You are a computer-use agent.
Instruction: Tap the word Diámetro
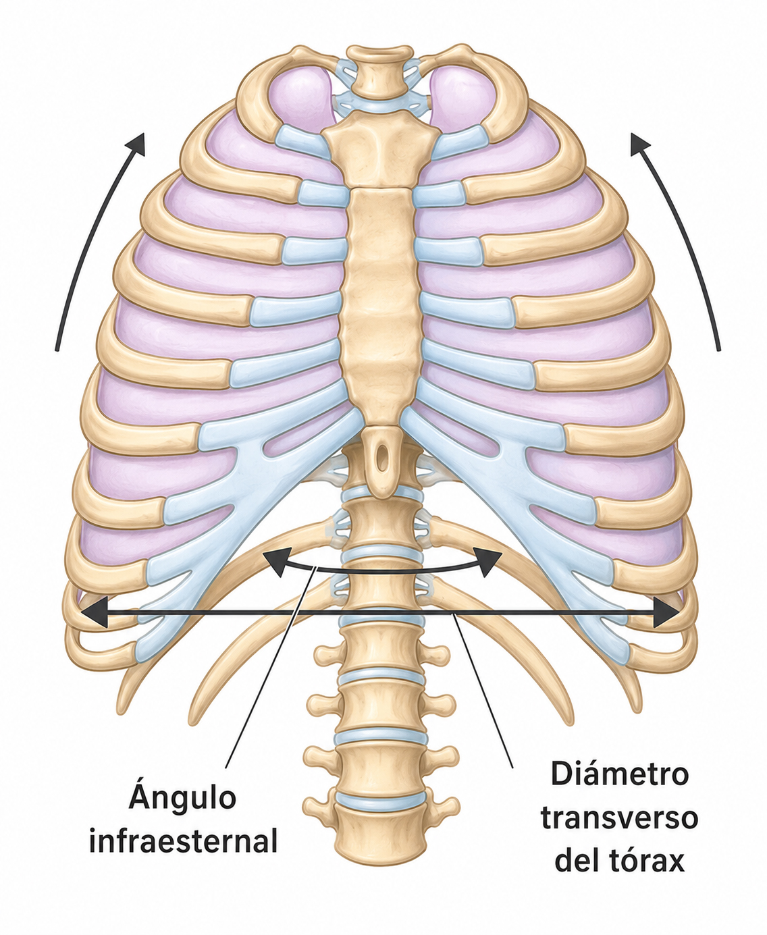619,774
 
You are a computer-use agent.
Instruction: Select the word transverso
620,818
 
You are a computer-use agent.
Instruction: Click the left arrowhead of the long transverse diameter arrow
95,612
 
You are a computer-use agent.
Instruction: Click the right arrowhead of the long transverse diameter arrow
666,612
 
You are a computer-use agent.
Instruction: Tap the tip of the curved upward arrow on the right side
631,134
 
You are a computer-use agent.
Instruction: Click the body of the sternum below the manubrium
380,306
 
